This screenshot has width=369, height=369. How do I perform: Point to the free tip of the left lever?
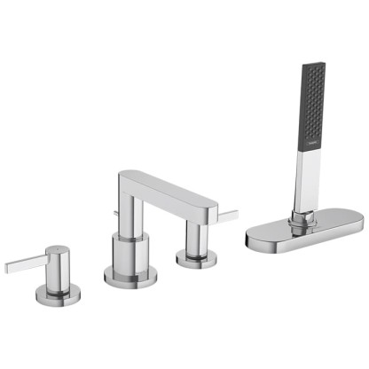[x=8, y=266]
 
